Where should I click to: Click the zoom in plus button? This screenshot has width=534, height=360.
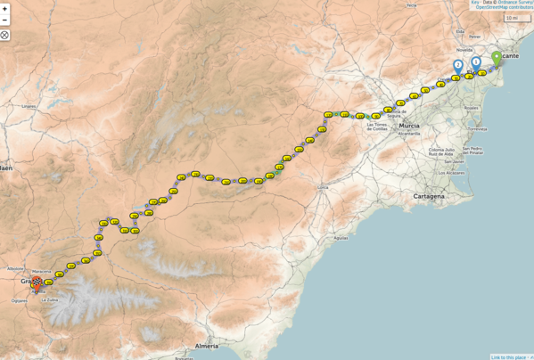point(4,8)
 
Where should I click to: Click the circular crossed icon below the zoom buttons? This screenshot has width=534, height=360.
point(4,35)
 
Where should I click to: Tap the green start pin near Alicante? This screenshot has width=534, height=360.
point(497,59)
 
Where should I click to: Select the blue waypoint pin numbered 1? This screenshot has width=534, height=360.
point(476,62)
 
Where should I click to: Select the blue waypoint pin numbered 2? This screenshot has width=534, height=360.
point(457,65)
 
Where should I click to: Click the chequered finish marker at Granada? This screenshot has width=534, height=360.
point(37,283)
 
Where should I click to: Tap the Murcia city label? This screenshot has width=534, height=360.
point(409,127)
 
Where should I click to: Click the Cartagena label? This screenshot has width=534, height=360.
point(428,196)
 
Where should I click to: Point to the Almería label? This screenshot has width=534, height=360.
point(206,345)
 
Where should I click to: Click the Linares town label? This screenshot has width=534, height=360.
point(29,106)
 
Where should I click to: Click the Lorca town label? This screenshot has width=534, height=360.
point(323,188)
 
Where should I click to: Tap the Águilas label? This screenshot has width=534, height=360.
point(341,238)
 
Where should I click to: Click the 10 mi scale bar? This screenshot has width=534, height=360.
point(516,18)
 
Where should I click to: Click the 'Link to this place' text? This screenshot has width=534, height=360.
point(509,356)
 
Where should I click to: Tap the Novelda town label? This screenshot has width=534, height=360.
point(464,51)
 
